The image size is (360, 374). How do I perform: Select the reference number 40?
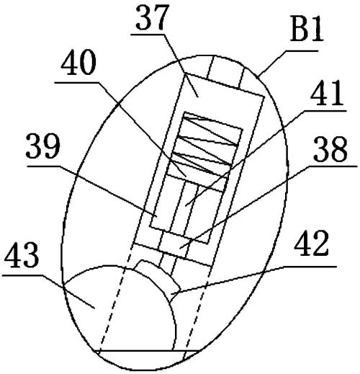click(78, 63)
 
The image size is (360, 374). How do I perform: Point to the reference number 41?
click(327, 94)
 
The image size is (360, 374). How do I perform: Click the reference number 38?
click(330, 149)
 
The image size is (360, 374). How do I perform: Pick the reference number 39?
click(42, 146)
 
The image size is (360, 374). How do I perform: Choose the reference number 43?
click(22, 254)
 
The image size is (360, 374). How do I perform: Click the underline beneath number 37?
click(148, 35)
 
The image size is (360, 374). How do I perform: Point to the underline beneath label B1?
click(301, 50)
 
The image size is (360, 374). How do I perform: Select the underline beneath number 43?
click(23, 276)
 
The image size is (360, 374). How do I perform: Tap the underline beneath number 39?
click(44, 166)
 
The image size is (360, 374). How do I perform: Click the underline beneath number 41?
click(325, 110)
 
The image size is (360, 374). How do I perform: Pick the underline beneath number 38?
click(332, 166)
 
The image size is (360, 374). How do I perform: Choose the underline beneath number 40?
click(77, 82)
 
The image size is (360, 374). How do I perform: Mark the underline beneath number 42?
click(310, 267)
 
